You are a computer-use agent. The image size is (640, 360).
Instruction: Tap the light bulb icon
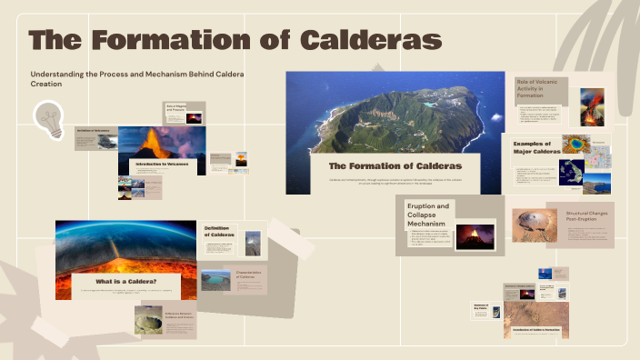coord(47,119)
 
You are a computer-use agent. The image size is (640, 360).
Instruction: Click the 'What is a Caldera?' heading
coord(123,282)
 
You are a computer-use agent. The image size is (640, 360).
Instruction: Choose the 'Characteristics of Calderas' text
coord(251,275)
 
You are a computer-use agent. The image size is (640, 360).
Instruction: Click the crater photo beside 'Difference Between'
coord(146,321)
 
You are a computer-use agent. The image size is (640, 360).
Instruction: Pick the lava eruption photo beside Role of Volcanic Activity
coord(592,106)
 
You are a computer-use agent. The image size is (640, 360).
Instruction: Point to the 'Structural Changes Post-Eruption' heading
coord(588,217)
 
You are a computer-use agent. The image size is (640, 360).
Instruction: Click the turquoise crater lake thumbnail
coord(215,279)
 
